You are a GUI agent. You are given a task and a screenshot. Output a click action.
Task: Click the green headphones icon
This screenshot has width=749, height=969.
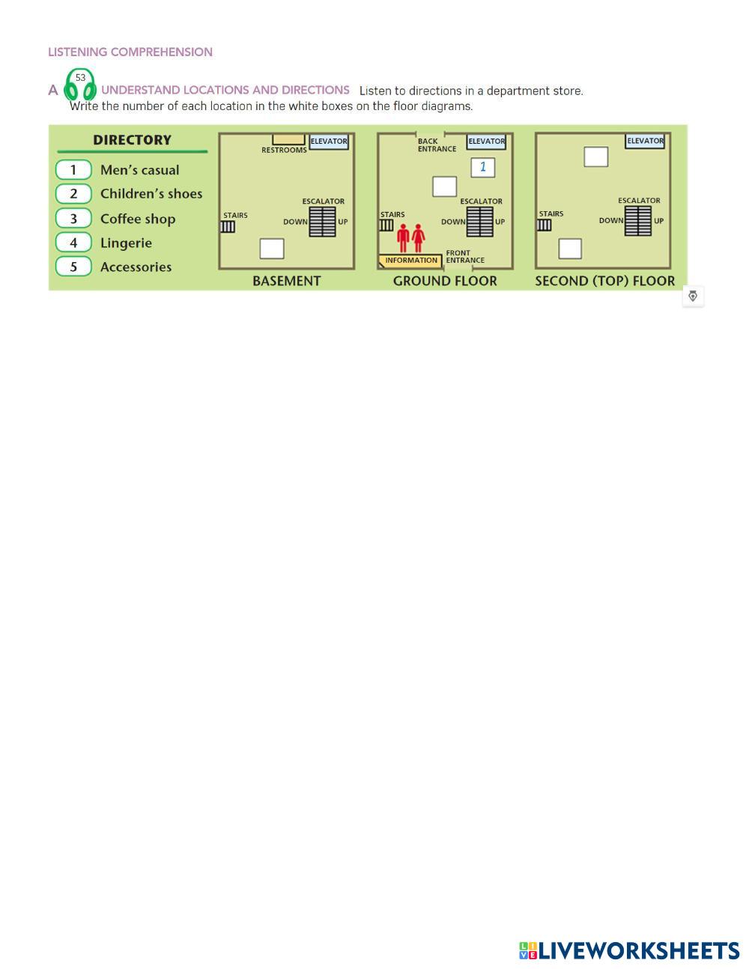pos(80,85)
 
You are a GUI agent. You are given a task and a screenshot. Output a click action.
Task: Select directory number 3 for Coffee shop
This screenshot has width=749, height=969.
pos(73,219)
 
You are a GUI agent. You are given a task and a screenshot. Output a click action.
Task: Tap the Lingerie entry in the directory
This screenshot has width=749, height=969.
pos(126,243)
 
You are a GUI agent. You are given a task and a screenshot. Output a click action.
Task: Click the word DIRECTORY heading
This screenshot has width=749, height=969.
pos(132,140)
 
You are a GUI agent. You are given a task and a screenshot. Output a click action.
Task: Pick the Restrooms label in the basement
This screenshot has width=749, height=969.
pos(284,150)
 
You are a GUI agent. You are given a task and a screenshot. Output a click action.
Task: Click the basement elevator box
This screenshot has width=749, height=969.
pos(329,141)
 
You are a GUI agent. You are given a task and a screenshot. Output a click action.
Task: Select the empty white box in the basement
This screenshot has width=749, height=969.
pos(272,248)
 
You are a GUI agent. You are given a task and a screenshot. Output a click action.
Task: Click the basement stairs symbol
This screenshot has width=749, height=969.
pos(228,226)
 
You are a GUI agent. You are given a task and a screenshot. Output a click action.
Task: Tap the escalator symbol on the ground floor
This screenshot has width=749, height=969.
pos(479,221)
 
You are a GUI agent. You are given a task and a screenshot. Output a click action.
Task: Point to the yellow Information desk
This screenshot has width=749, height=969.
pos(410,261)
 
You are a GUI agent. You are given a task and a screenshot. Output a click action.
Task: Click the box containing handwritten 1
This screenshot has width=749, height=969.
pos(483,167)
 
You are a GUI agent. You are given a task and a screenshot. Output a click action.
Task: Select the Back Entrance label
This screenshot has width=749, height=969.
pos(437,145)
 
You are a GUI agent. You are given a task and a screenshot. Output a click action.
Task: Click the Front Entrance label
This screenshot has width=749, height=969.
pos(465,257)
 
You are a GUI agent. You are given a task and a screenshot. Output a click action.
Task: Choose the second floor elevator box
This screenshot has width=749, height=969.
pos(645,141)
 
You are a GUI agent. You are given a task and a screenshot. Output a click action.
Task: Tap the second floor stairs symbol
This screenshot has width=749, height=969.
pos(545,225)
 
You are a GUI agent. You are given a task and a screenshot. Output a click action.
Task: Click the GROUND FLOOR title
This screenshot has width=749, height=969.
pos(445,281)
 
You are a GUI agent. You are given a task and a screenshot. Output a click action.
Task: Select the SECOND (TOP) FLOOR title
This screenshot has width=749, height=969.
pos(604,281)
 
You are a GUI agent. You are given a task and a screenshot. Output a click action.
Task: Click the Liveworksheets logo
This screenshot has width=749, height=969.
pos(629,950)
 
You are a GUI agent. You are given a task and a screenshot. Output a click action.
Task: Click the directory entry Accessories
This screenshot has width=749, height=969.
pos(136,267)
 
